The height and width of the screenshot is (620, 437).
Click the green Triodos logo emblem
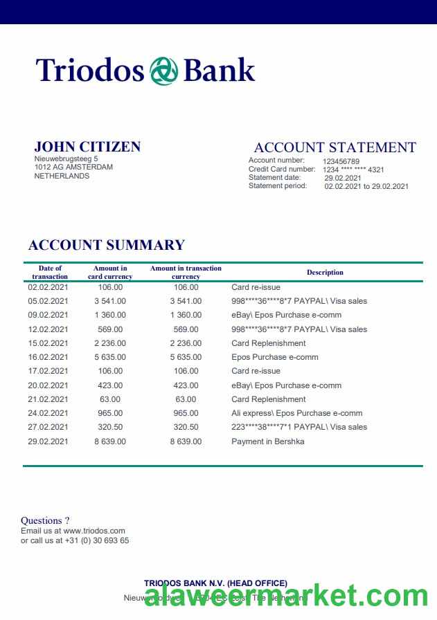pyautogui.click(x=163, y=71)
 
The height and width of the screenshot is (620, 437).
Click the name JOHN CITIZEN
pyautogui.click(x=87, y=147)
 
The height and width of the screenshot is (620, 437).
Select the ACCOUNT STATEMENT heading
pyautogui.click(x=335, y=147)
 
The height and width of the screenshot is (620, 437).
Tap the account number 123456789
pyautogui.click(x=341, y=161)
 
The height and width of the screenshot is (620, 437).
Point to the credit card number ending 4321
pyautogui.click(x=353, y=170)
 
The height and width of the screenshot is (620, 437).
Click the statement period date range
pyautogui.click(x=366, y=186)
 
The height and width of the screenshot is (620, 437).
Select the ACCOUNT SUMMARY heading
pyautogui.click(x=106, y=245)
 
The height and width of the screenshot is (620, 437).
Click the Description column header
pyautogui.click(x=325, y=273)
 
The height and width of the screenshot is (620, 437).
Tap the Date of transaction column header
pyautogui.click(x=50, y=273)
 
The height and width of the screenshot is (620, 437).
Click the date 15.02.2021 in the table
pyautogui.click(x=48, y=343)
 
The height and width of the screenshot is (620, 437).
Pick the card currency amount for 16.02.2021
pyautogui.click(x=110, y=357)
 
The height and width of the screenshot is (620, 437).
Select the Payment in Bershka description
pyautogui.click(x=267, y=441)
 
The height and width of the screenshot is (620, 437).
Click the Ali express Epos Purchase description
pyautogui.click(x=296, y=413)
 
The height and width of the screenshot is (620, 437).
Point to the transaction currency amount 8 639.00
pyautogui.click(x=186, y=441)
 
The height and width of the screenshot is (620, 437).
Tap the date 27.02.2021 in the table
pyautogui.click(x=48, y=427)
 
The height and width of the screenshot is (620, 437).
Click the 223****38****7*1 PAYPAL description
pyautogui.click(x=298, y=427)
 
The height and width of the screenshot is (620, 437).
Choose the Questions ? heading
pyautogui.click(x=45, y=520)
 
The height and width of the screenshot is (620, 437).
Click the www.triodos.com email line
pyautogui.click(x=73, y=531)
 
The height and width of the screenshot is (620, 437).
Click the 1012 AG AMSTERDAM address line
pyautogui.click(x=73, y=167)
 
